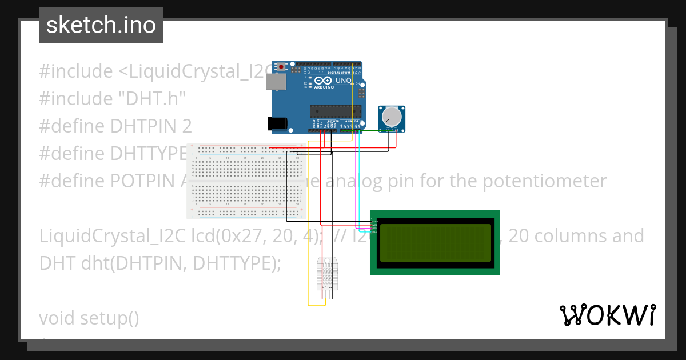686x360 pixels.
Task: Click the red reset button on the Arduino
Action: [x=282, y=67]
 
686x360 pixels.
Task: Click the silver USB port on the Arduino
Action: [x=276, y=82]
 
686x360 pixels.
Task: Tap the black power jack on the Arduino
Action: [x=277, y=123]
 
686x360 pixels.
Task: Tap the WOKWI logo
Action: [x=607, y=315]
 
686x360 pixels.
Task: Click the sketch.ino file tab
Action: [x=101, y=25]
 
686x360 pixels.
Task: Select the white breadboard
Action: [x=246, y=181]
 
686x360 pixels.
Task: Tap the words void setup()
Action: [x=89, y=318]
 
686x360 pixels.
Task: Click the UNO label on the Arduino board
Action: [x=343, y=81]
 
